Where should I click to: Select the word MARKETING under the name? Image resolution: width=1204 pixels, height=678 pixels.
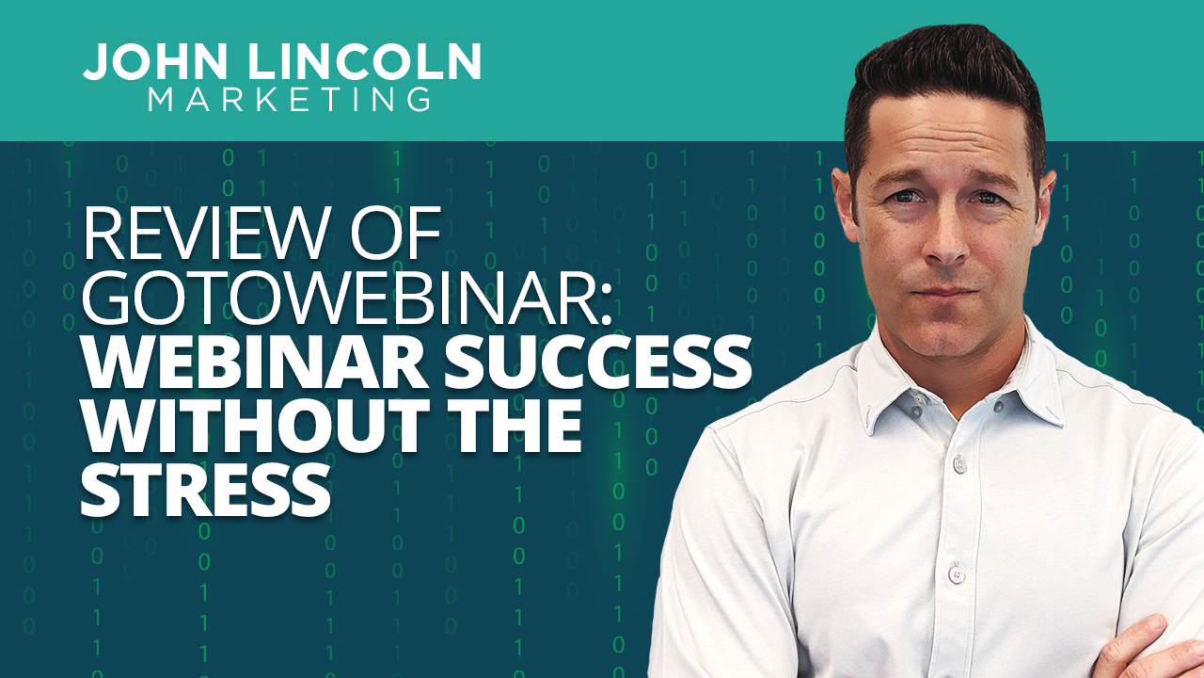pyautogui.click(x=290, y=99)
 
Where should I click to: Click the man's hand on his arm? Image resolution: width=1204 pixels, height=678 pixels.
pyautogui.click(x=1157, y=650)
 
